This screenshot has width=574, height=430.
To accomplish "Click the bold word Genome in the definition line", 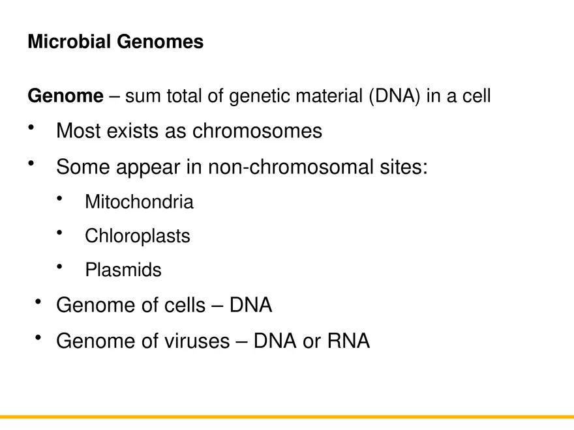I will pyautogui.click(x=65, y=96).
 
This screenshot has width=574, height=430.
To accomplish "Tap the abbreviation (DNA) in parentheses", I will pyautogui.click(x=395, y=96).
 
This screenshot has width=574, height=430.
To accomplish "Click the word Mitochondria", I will pyautogui.click(x=139, y=202).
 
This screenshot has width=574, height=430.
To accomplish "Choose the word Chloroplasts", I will pyautogui.click(x=138, y=236).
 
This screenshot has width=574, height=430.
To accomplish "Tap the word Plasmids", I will pyautogui.click(x=123, y=270).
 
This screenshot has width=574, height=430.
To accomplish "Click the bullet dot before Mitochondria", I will pyautogui.click(x=60, y=198).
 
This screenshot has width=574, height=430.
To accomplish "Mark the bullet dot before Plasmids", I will pyautogui.click(x=60, y=266).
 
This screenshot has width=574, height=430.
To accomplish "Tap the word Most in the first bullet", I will pyautogui.click(x=78, y=131).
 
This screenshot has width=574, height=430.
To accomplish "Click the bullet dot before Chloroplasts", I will pyautogui.click(x=60, y=232).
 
